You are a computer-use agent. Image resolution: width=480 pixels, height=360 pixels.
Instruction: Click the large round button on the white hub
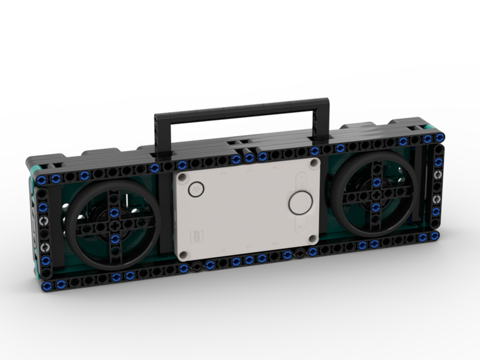(300, 203)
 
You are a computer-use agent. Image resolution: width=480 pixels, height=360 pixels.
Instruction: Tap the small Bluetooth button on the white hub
(195, 189)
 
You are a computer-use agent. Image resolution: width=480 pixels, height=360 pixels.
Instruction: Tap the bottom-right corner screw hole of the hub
(312, 238)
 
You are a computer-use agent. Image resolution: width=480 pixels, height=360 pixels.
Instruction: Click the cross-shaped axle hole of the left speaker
(114, 225)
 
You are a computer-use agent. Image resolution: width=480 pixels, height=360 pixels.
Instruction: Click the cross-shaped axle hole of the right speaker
(376, 195)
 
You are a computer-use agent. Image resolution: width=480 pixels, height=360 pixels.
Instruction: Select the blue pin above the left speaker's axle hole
(114, 213)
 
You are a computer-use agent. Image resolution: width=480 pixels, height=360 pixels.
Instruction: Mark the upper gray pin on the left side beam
(44, 221)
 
